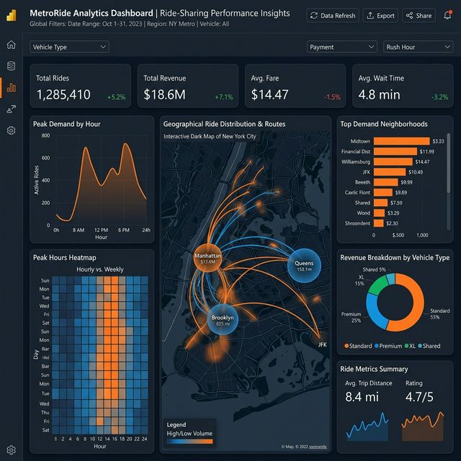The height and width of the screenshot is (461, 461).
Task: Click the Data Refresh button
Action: tap(332, 15)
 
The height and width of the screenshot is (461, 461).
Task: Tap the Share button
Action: tap(419, 15)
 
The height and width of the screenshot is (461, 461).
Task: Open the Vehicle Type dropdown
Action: tap(70, 47)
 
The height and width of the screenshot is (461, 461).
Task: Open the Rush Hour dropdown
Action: tap(418, 47)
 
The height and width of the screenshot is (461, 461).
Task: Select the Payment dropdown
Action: tap(341, 47)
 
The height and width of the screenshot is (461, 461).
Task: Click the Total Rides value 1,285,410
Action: tap(63, 94)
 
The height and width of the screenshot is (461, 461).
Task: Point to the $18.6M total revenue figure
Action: tap(165, 94)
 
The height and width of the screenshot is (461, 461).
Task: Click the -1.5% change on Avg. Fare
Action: tap(332, 97)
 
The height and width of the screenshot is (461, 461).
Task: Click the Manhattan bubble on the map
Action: tap(207, 259)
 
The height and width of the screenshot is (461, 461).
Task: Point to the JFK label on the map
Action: tap(322, 344)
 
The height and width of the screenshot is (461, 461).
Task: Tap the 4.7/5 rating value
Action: tap(419, 396)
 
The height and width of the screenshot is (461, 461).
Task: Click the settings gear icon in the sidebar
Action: tap(11, 130)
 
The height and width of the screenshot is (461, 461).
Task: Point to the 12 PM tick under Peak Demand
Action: tap(101, 229)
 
